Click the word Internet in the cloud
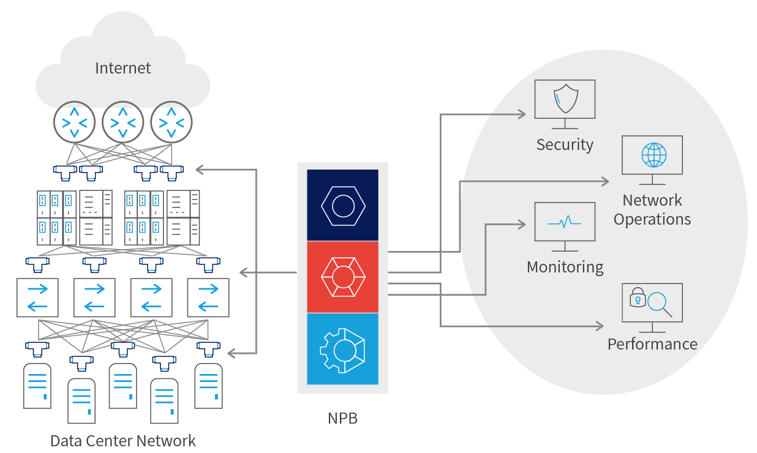click(x=122, y=68)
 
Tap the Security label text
click(x=565, y=145)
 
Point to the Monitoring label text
click(x=565, y=268)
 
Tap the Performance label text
click(x=652, y=344)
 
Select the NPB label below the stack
click(x=342, y=419)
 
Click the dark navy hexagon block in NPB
click(x=343, y=205)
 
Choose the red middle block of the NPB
click(x=343, y=277)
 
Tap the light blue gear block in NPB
click(x=343, y=349)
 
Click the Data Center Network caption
click(x=123, y=441)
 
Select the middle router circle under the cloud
click(x=123, y=122)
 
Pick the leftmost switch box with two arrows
click(x=37, y=298)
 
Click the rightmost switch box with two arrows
click(x=208, y=298)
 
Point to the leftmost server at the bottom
click(x=37, y=386)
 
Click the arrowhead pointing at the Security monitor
click(x=521, y=114)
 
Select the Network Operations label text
click(x=652, y=210)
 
